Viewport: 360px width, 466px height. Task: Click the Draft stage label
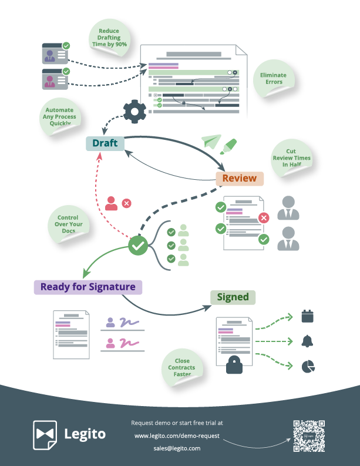coord(105,143)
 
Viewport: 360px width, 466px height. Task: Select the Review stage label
coord(239,179)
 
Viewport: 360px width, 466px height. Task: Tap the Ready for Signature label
coord(88,287)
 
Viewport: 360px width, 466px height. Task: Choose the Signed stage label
coord(233,297)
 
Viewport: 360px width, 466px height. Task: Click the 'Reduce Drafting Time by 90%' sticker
coord(109,38)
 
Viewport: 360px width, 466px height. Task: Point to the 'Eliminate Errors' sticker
coord(273,79)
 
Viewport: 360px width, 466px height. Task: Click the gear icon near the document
coord(134,112)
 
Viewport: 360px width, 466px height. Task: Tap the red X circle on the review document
coord(264,218)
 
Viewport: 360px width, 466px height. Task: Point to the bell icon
coord(307,341)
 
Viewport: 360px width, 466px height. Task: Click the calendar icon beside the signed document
coord(307,316)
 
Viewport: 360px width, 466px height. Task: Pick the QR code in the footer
coord(308,435)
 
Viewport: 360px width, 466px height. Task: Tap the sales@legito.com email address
coord(177,448)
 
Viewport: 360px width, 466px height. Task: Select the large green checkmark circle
coord(138,246)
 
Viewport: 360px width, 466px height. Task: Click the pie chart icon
coord(307,366)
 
